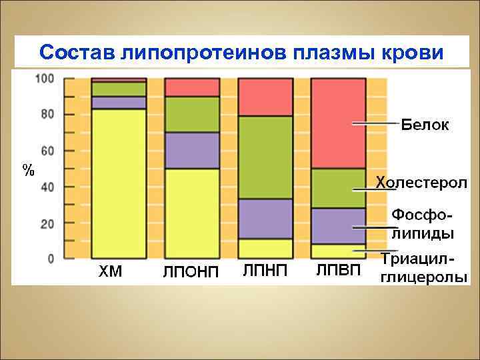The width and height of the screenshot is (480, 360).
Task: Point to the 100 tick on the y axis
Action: tap(45, 79)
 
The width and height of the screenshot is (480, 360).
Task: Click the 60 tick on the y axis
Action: tap(47, 151)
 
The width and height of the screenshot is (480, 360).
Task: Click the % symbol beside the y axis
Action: tap(27, 170)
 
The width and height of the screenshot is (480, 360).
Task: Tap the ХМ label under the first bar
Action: tap(111, 272)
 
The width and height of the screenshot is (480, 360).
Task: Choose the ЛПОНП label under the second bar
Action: tap(191, 273)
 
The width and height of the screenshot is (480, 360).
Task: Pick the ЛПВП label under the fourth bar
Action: tap(338, 270)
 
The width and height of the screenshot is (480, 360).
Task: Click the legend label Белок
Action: tap(425, 124)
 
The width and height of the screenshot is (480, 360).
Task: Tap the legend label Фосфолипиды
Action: tap(423, 224)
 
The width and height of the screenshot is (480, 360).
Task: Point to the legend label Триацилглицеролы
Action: tap(423, 269)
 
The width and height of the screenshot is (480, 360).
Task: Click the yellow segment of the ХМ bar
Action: tap(119, 183)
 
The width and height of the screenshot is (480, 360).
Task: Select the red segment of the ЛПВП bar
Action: tap(338, 123)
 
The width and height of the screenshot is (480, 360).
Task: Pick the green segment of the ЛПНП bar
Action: tap(265, 157)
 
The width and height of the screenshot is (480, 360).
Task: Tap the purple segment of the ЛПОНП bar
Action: tap(192, 150)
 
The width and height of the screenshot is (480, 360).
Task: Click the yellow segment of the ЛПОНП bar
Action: tap(192, 213)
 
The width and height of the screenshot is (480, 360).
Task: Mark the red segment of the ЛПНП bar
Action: tap(265, 97)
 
